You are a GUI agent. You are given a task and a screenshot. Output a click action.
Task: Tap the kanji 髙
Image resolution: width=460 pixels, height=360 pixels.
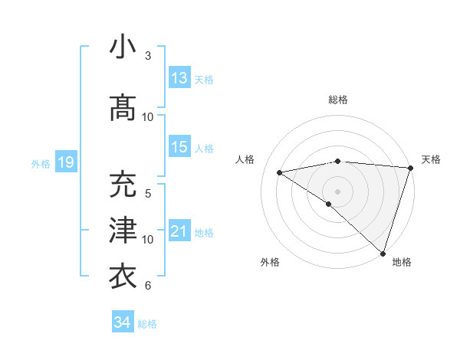tap(123, 108)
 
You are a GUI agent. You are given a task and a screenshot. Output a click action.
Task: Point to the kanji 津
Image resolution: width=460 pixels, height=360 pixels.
tap(123, 231)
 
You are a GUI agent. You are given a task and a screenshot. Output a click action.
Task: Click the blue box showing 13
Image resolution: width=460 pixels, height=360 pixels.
tap(179, 78)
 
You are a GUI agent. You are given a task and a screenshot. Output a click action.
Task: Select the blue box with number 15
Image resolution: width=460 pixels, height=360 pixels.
tap(179, 147)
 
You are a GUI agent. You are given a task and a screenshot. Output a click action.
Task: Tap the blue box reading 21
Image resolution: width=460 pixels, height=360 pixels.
tap(179, 231)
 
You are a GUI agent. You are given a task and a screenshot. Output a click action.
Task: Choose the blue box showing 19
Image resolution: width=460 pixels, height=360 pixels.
tap(66, 162)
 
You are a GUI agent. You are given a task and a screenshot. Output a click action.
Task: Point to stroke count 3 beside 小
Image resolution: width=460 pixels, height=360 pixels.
tap(148, 56)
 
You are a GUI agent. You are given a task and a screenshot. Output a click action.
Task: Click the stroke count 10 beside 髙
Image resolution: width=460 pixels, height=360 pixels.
tap(148, 117)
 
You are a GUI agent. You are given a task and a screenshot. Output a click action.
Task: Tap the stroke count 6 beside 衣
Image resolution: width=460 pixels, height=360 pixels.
tap(148, 286)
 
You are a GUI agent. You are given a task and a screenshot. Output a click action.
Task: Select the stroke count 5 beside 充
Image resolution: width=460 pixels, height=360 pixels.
tap(148, 193)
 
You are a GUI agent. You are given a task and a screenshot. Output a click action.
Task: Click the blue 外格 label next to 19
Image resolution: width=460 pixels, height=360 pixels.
tap(41, 163)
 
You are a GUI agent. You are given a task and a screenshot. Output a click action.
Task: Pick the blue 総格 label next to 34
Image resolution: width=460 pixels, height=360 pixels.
tap(147, 324)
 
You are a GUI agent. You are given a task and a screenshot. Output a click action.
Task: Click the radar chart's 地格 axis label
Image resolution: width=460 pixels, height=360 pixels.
tap(402, 262)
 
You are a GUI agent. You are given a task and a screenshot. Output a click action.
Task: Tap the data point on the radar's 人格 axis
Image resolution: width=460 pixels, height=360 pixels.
tap(279, 172)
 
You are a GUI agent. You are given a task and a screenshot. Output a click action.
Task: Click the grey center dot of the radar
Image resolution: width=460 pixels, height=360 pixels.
tap(337, 191)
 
